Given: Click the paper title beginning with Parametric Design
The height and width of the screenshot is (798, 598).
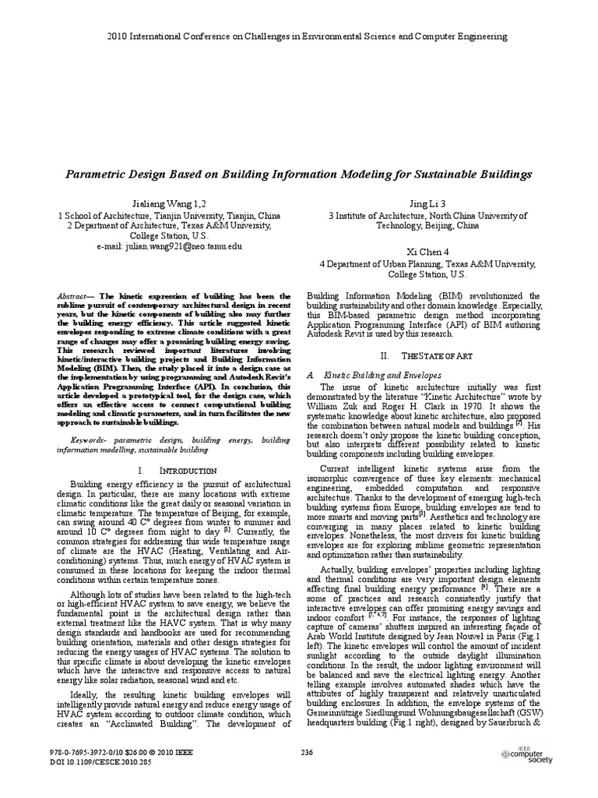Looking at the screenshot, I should pyautogui.click(x=299, y=174).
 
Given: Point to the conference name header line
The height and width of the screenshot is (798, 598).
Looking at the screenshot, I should pyautogui.click(x=299, y=36).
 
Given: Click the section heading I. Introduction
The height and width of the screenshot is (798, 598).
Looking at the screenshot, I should pyautogui.click(x=176, y=471).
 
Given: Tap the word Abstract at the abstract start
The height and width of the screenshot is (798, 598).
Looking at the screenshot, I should pyautogui.click(x=76, y=297).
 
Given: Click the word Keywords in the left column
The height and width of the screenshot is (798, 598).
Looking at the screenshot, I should pyautogui.click(x=79, y=440).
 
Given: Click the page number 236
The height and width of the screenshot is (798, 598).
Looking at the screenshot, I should pyautogui.click(x=306, y=752).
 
